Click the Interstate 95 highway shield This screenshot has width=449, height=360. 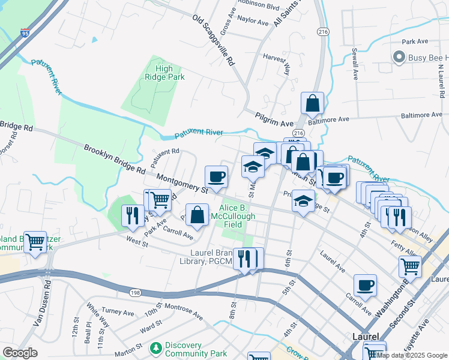(25, 32)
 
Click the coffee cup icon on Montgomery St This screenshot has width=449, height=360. (216, 176)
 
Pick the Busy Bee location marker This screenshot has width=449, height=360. (397, 58)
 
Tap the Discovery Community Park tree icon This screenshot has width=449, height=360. (156, 347)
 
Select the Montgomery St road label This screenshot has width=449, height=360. (181, 184)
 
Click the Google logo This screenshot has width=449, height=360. (20, 352)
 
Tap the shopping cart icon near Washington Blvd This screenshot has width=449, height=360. (410, 266)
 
